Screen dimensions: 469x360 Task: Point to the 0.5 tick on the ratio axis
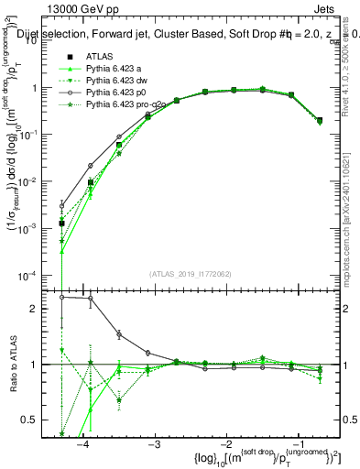36,420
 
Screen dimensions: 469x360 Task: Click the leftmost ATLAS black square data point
61,223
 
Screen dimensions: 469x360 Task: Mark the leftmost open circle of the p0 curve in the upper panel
61,205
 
